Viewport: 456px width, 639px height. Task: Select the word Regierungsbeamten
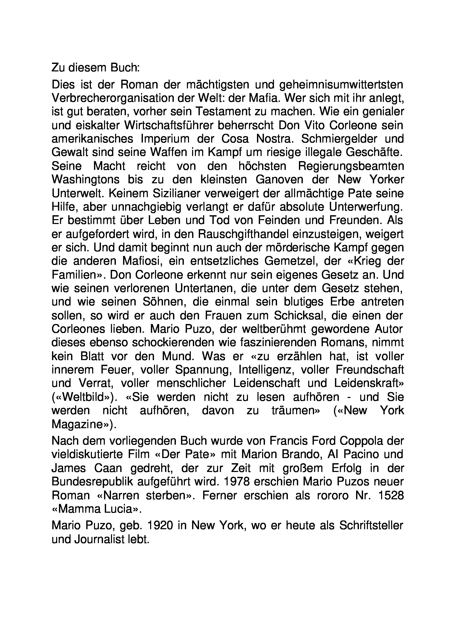click(351, 166)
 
